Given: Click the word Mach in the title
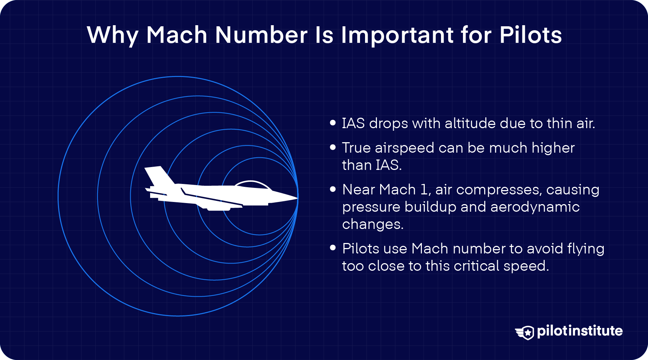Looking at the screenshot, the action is point(177,35).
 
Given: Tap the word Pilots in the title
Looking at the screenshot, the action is point(531,35).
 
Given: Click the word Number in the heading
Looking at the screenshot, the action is point(261,35).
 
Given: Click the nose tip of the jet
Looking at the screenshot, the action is point(297,197).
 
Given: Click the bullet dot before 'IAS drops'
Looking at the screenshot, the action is point(333,123).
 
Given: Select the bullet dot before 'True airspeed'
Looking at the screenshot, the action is point(333,148).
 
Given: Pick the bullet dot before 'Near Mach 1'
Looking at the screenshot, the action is point(333,189).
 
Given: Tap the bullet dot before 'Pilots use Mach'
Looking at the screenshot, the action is point(333,248).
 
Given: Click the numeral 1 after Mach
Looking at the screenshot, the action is point(425,190).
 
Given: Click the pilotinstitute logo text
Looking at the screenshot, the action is point(580,331).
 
